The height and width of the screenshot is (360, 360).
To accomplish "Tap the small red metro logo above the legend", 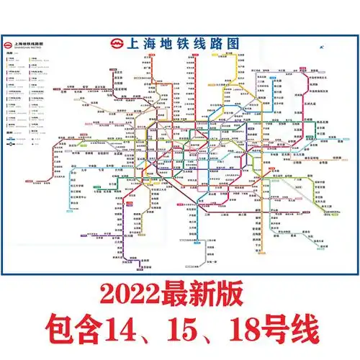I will pyautogui.click(x=9, y=44).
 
